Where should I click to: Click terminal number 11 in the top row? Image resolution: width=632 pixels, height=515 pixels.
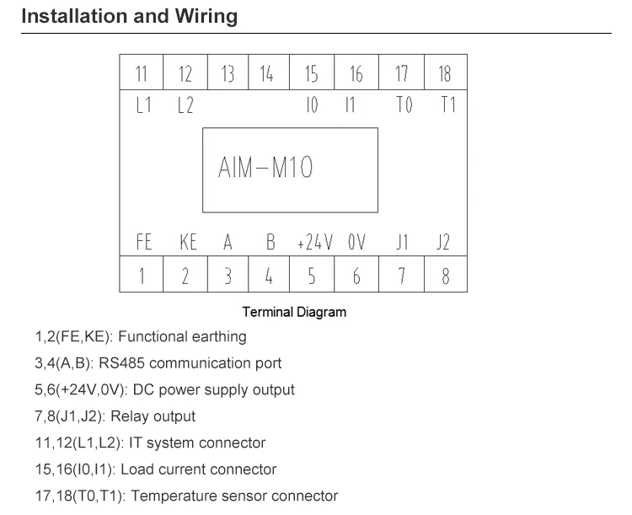click(x=142, y=74)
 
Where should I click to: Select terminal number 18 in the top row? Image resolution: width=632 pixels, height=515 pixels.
click(x=445, y=74)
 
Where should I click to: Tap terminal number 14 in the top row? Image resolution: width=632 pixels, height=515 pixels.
click(x=267, y=74)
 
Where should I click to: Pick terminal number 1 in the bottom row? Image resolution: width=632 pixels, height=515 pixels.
click(x=142, y=276)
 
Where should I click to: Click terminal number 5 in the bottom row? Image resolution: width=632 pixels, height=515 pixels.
click(x=312, y=276)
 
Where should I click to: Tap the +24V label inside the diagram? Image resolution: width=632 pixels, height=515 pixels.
click(x=314, y=244)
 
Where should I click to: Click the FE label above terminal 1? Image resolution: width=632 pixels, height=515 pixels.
click(x=144, y=244)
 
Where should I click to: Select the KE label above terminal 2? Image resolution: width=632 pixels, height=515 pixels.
click(x=188, y=244)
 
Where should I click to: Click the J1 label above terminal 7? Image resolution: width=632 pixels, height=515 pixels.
click(x=402, y=244)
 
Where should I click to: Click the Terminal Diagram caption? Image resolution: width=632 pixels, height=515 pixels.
click(x=294, y=312)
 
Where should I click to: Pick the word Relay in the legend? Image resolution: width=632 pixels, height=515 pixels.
click(x=131, y=416)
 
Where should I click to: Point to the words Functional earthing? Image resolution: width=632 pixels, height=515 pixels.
click(x=182, y=337)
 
